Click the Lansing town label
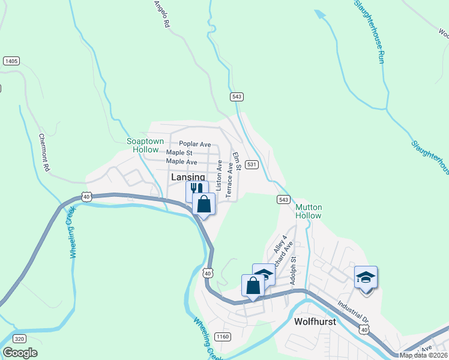(x=188, y=178)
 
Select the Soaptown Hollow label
(x=145, y=145)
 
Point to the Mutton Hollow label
(x=309, y=211)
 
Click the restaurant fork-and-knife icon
(x=194, y=189)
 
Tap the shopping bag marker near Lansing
(x=204, y=204)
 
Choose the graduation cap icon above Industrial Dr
(x=366, y=277)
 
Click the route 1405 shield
(x=11, y=61)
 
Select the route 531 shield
(x=252, y=164)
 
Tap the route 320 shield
(x=19, y=338)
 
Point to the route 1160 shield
(x=223, y=336)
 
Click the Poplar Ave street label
(x=195, y=145)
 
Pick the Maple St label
(x=179, y=153)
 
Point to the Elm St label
(x=237, y=162)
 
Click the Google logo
(x=20, y=353)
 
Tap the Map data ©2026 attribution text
(x=423, y=355)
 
